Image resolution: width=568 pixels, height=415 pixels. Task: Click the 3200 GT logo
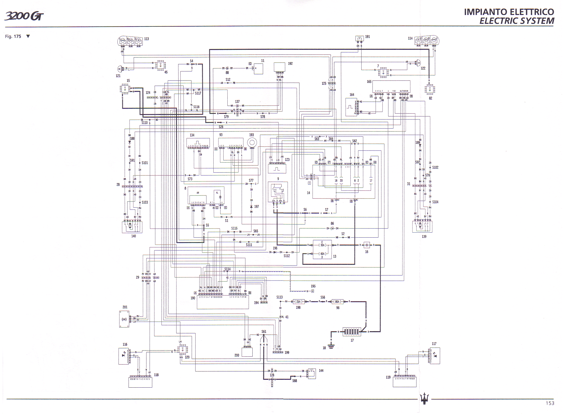pos(24,16)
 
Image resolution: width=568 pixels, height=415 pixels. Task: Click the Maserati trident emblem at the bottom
pos(424,398)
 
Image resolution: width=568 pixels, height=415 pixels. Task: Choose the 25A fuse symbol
pos(298,302)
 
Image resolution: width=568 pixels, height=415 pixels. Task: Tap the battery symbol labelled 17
pos(352,332)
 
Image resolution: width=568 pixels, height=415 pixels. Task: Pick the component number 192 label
pos(290,64)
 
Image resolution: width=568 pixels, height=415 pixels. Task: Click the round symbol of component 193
pos(252,143)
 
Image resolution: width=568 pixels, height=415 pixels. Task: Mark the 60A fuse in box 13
pos(322,254)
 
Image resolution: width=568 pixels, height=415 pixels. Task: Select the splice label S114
pos(227,269)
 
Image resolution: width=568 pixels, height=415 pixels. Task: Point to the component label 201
pos(125,307)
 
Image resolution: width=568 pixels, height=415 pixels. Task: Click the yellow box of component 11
pos(258,69)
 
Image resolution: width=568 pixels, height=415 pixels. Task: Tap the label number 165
pos(369,82)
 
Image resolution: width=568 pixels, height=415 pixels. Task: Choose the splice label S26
pos(221,127)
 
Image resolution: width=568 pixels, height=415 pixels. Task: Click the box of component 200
pos(247,352)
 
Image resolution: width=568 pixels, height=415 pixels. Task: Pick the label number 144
pos(321,371)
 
